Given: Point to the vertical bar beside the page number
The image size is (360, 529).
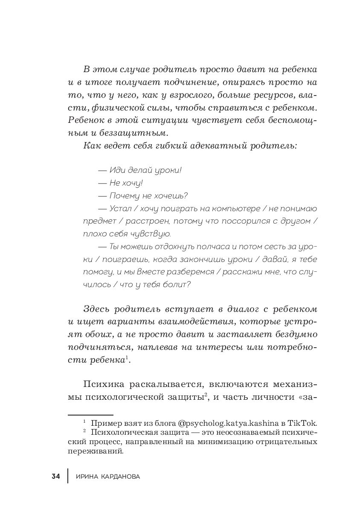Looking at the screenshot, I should point(67,476).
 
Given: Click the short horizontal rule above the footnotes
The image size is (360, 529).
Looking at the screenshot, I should point(90,414).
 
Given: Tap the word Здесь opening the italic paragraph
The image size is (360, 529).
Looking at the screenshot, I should point(99,309).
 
